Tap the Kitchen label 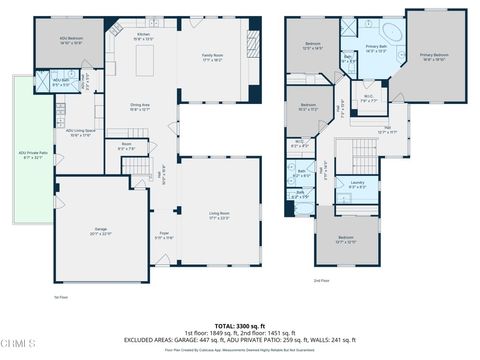[x=144, y=37]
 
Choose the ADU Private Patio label [x=32, y=155]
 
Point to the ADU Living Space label [x=80, y=132]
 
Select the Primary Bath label [x=376, y=49]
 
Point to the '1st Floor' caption [x=60, y=297]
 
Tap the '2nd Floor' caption [x=321, y=279]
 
